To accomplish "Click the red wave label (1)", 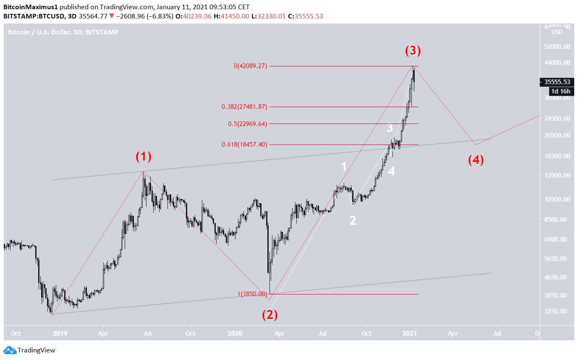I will click(x=143, y=157).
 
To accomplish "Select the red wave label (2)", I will click(x=270, y=315).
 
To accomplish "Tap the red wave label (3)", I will click(x=413, y=51).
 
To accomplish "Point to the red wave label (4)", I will click(x=476, y=160).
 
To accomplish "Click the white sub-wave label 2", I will click(x=353, y=221).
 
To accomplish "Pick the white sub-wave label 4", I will click(x=391, y=171).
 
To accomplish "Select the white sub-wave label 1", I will click(x=344, y=166).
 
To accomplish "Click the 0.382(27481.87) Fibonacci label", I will click(x=244, y=107).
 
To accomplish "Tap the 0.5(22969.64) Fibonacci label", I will click(x=247, y=124).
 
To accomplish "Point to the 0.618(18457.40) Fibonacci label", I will click(x=244, y=145).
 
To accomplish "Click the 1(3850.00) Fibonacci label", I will click(x=252, y=294).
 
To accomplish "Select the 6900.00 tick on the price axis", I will click(x=556, y=239).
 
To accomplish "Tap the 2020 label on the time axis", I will click(x=235, y=334).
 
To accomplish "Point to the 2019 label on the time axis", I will click(x=60, y=334).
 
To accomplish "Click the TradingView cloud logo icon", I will click(x=10, y=350).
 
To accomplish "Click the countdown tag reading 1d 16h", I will click(x=560, y=91).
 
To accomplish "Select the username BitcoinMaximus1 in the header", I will click(x=31, y=7).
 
